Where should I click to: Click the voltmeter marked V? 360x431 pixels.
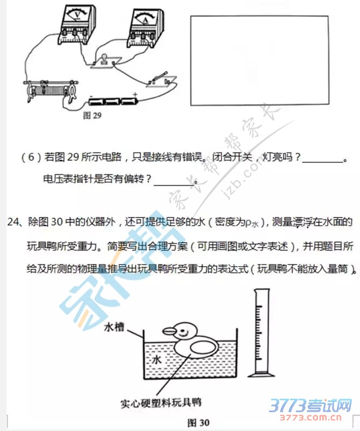tap(77, 24)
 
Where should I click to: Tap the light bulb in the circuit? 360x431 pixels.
tap(105, 59)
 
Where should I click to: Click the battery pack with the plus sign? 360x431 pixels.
tap(113, 101)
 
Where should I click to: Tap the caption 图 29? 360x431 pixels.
tap(92, 116)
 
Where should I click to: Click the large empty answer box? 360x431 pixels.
tap(260, 60)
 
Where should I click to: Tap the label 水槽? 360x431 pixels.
tap(114, 327)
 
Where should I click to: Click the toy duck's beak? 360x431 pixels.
tap(170, 331)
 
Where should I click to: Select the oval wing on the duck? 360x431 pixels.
tap(204, 347)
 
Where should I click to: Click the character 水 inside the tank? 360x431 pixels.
tap(156, 359)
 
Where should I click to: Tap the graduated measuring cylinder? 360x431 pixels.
tap(260, 333)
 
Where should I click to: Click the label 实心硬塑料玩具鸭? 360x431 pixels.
tap(161, 403)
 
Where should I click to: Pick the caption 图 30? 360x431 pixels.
tap(198, 423)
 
